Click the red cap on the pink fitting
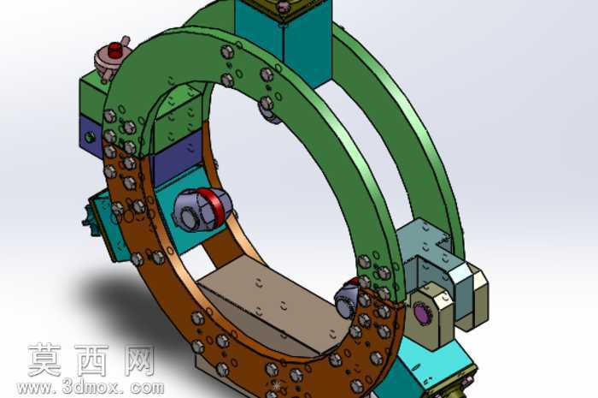click(114, 50)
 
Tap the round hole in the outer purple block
click(90, 137)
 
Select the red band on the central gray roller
click(215, 208)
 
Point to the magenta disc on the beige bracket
click(421, 313)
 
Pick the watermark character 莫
click(44, 359)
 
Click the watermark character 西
click(91, 360)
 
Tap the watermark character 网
click(139, 360)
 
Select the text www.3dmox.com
click(91, 388)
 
